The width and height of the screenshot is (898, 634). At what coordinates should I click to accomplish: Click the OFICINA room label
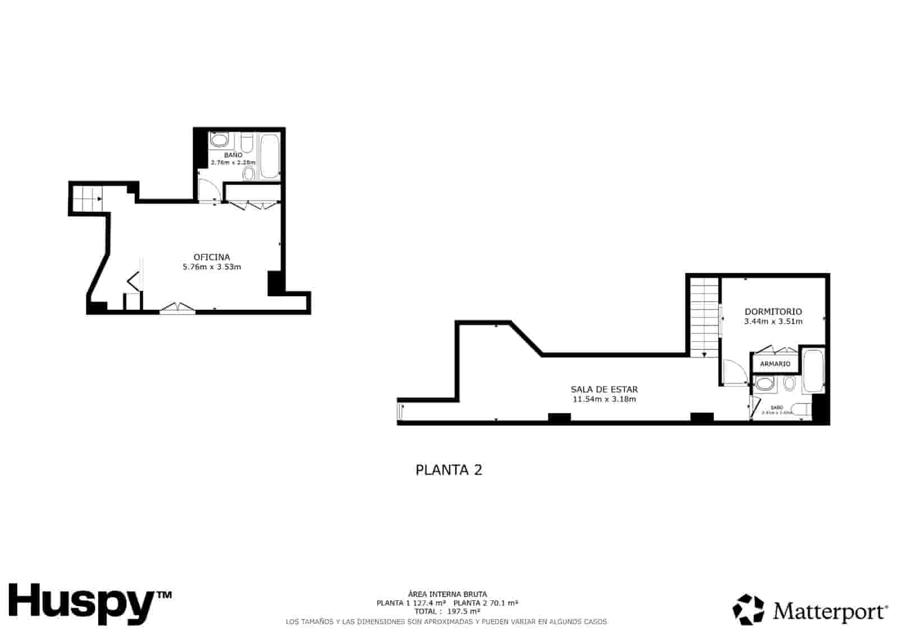tap(212, 258)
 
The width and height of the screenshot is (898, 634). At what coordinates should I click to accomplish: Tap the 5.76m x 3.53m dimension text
tap(212, 267)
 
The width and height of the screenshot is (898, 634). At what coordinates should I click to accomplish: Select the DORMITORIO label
tap(773, 311)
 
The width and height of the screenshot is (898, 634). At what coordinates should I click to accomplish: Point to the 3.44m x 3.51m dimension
tap(773, 321)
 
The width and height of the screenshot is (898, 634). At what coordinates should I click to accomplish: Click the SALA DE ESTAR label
tap(604, 389)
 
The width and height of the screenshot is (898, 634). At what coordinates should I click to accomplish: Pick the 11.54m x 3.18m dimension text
tap(604, 399)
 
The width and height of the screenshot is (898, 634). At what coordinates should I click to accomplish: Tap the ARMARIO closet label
tap(775, 364)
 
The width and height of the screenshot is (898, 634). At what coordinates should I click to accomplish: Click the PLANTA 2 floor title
tap(448, 470)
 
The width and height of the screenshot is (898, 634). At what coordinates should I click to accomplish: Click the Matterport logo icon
tap(748, 609)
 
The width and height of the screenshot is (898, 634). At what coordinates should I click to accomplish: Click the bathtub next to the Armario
tap(813, 372)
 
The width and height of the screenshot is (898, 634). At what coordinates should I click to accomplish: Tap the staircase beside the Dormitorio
tap(704, 317)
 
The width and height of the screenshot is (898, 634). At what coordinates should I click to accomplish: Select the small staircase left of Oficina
tap(87, 198)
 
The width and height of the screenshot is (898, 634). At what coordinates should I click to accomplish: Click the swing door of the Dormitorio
tap(733, 372)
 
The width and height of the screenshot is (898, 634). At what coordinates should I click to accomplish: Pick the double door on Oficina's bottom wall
tap(177, 307)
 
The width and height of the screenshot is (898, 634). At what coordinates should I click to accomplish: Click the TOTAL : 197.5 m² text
tap(447, 611)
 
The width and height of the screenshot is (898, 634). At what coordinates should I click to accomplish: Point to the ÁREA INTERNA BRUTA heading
tap(447, 594)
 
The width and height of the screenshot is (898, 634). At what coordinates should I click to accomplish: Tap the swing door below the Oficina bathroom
tap(208, 191)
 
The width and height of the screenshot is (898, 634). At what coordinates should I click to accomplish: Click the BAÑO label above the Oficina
tap(233, 155)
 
